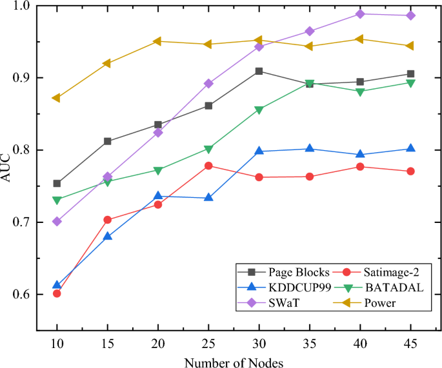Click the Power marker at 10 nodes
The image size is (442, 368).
[56, 98]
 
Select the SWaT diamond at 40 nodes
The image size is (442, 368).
[360, 14]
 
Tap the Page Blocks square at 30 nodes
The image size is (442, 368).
[259, 71]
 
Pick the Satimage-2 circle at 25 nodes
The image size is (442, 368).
[208, 166]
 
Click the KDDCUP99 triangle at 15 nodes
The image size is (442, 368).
[107, 237]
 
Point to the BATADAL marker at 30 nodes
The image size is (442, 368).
[259, 110]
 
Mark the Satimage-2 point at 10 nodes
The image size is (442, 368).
[57, 293]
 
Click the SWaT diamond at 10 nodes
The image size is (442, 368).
[57, 221]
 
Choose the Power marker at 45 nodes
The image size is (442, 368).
[410, 46]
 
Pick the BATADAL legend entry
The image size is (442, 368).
[393, 287]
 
